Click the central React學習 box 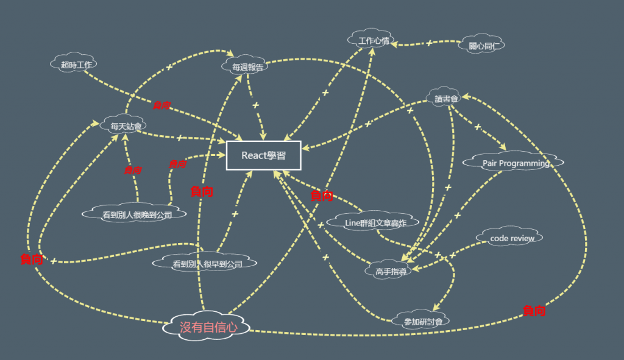tap(263, 155)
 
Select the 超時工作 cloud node tap(74, 64)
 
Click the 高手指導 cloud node tap(389, 270)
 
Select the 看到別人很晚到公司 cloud tap(136, 214)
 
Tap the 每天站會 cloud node tap(126, 127)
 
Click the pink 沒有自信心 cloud tap(208, 327)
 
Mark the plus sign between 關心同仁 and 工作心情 tap(428, 43)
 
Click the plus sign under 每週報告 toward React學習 tap(255, 105)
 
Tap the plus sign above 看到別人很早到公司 tap(235, 214)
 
